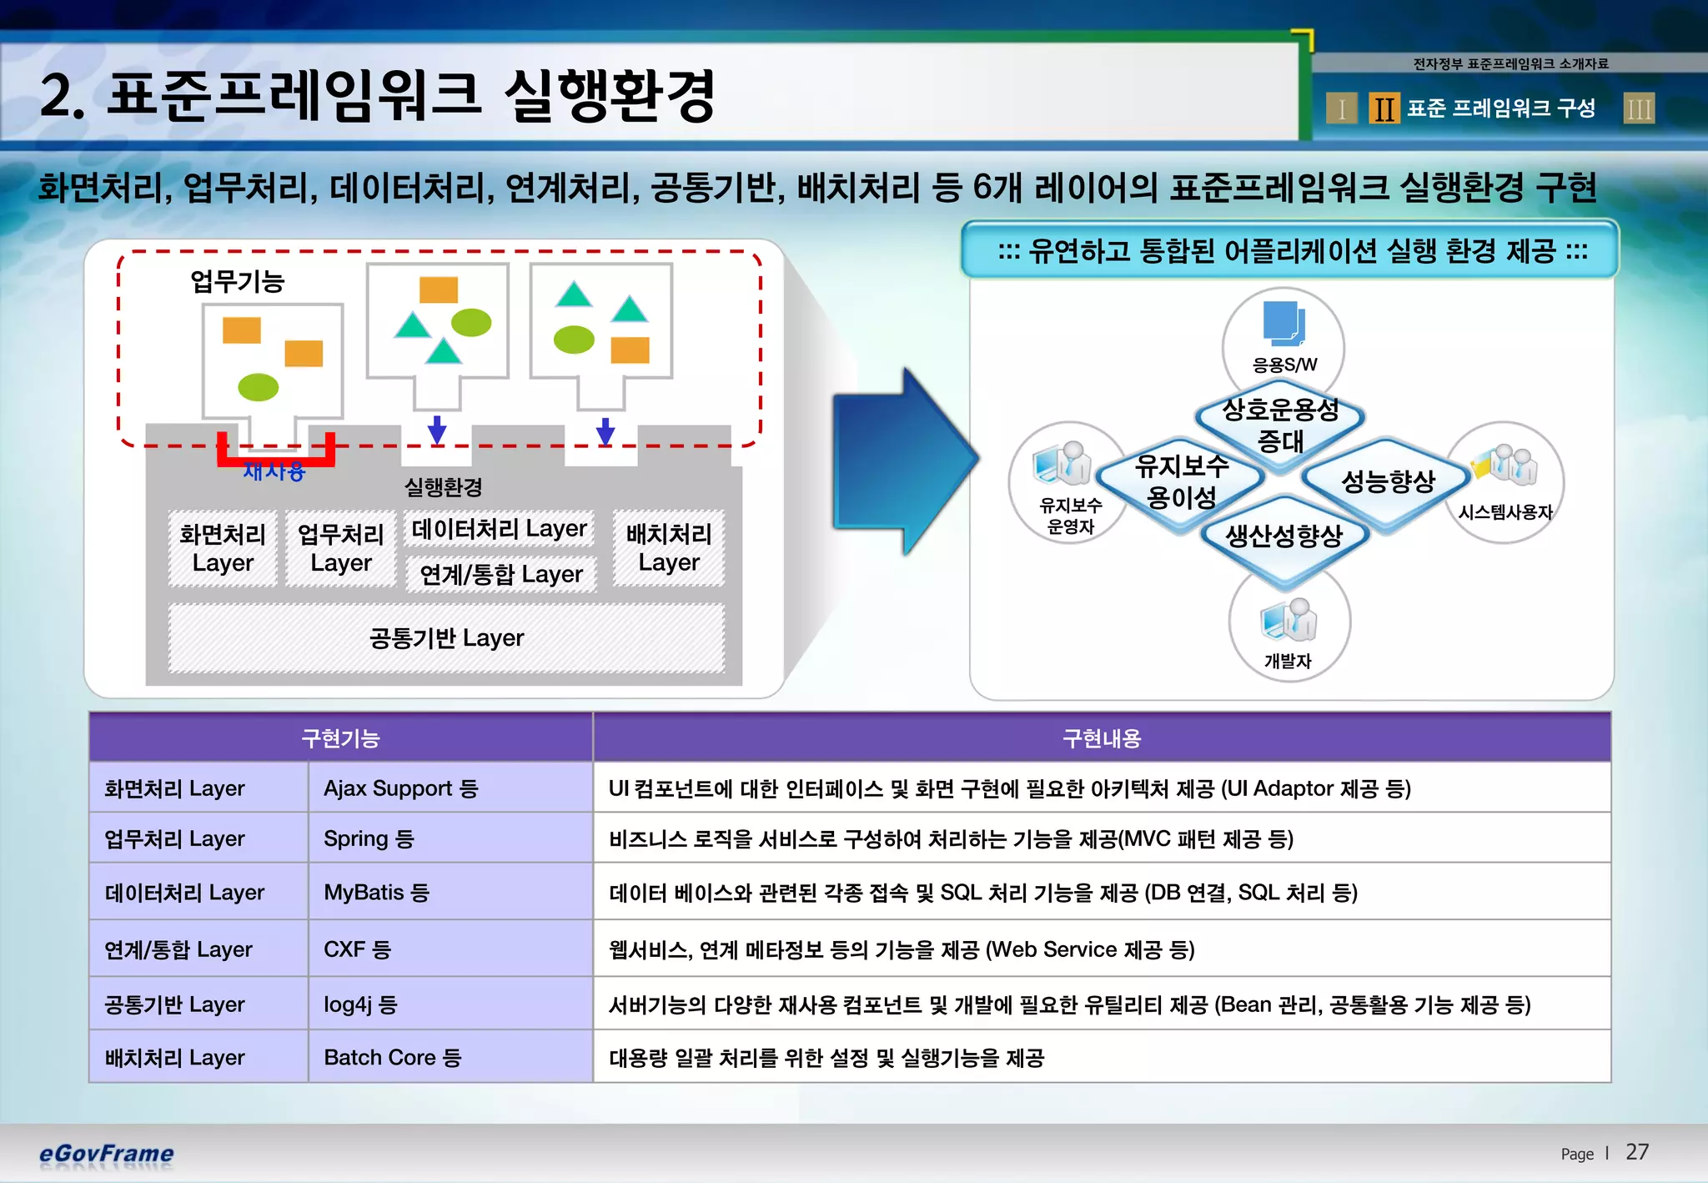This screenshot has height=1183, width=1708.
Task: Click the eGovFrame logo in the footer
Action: pos(106,1153)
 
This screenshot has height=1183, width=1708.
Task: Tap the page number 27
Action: pos(1636,1152)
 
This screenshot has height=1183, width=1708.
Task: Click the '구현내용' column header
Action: pos(1101,737)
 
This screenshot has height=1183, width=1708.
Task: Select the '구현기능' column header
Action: pos(340,737)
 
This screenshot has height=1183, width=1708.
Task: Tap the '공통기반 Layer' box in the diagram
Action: pos(446,638)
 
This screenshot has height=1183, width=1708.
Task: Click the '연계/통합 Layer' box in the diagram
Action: pos(501,574)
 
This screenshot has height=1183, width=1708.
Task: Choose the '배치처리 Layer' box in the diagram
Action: pos(669,548)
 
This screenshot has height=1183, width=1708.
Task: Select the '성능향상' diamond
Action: pos(1388,481)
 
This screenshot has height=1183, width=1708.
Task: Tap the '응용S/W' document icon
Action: pos(1284,325)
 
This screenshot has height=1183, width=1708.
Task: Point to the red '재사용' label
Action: pos(274,471)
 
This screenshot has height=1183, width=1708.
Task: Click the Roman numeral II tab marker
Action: pos(1384,108)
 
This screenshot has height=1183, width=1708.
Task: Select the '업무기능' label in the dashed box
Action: pos(238,281)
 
